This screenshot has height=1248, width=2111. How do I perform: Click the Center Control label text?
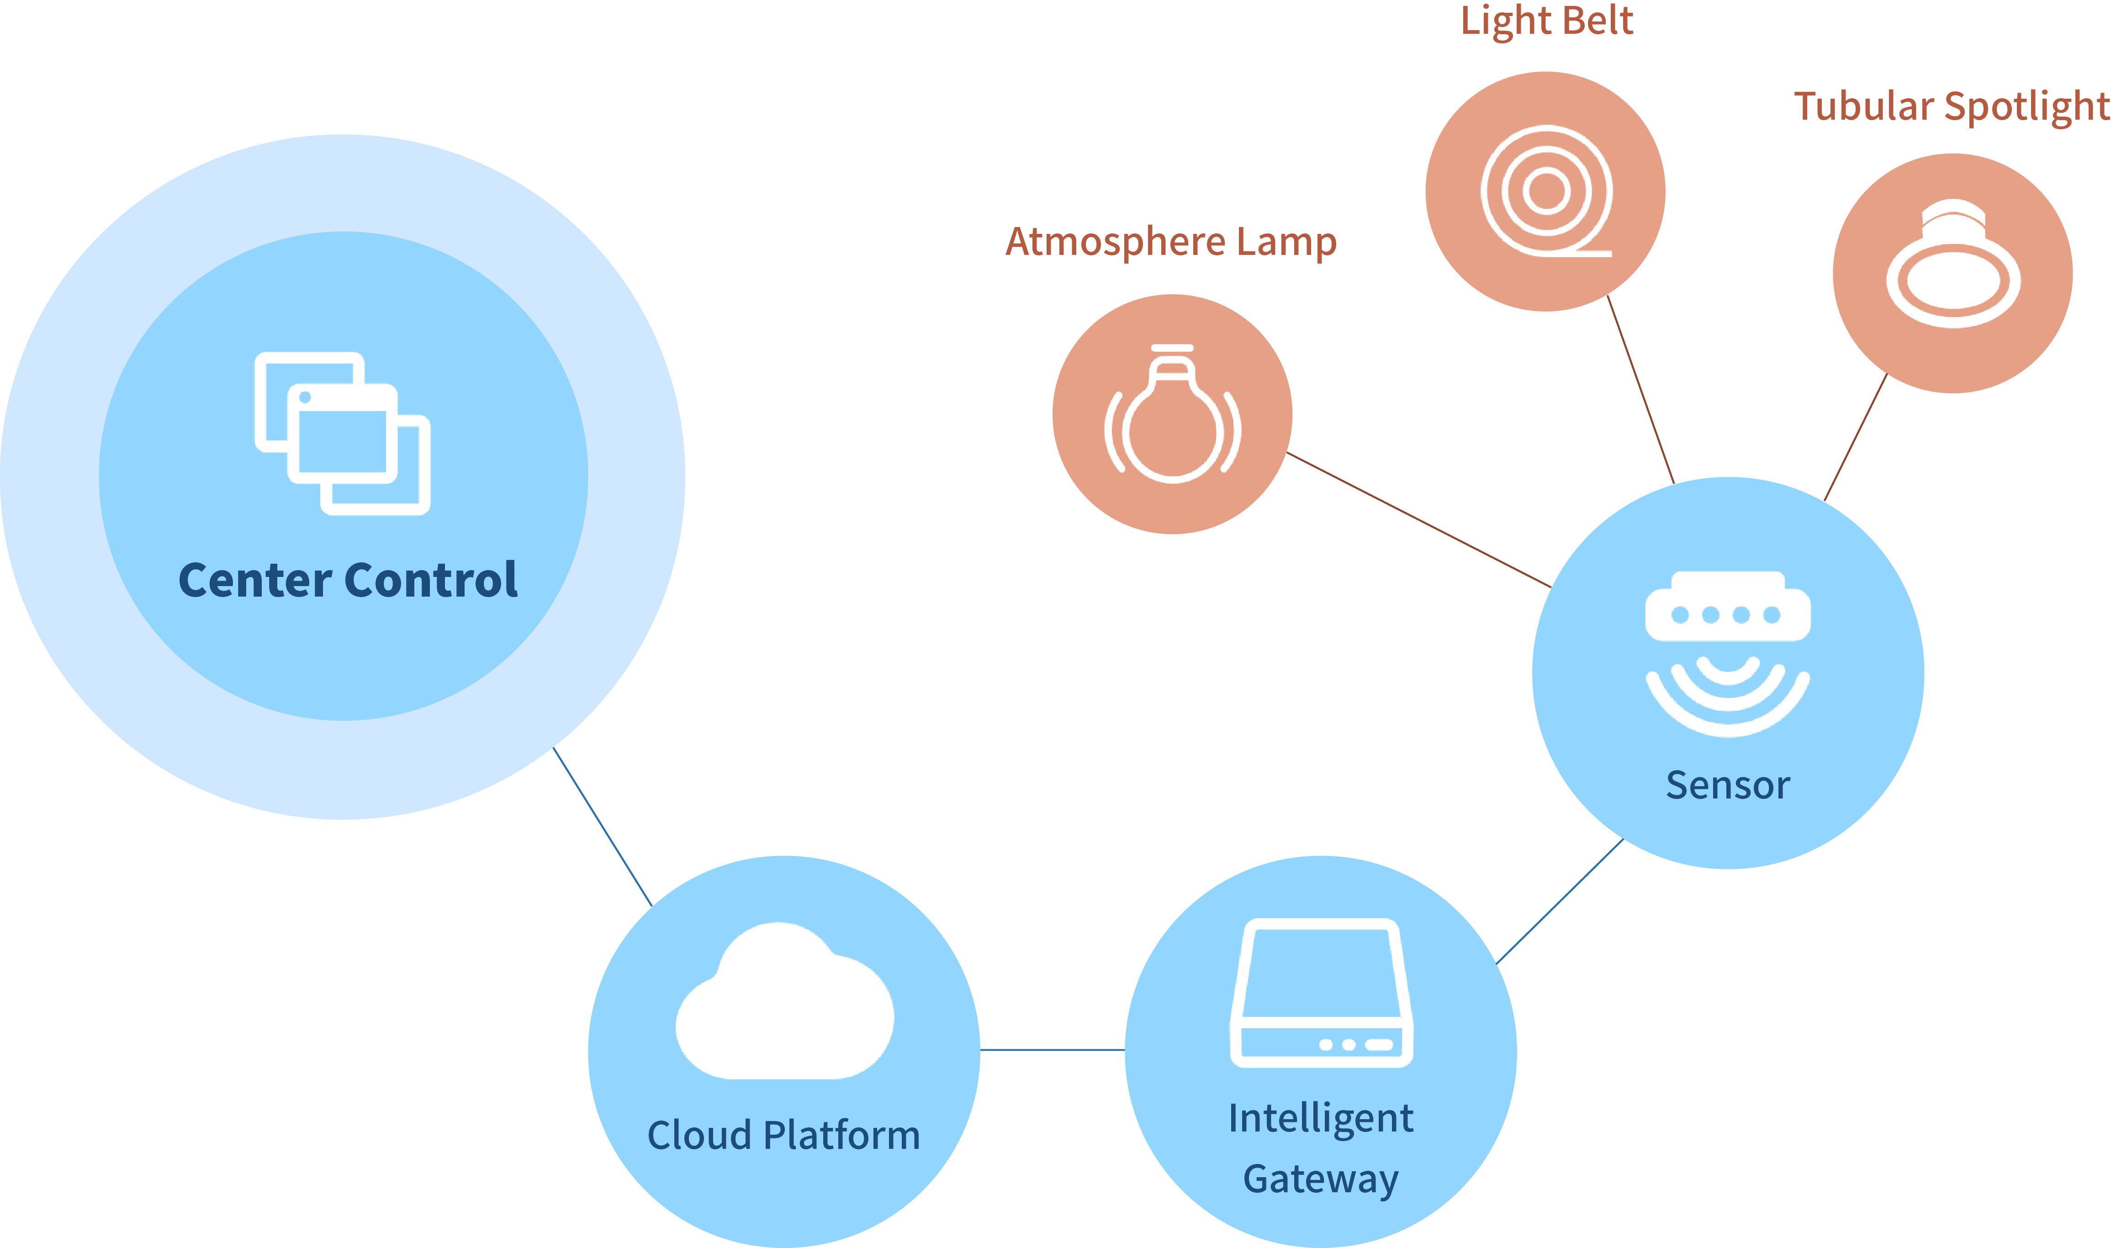348,580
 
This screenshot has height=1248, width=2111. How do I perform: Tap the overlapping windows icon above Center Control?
342,433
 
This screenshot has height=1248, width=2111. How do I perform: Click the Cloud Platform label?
784,1135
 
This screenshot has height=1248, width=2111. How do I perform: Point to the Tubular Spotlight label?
1951,107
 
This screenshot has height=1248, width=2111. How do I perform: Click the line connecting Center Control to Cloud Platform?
602,827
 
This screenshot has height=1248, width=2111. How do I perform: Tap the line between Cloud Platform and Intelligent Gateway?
1052,1050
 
